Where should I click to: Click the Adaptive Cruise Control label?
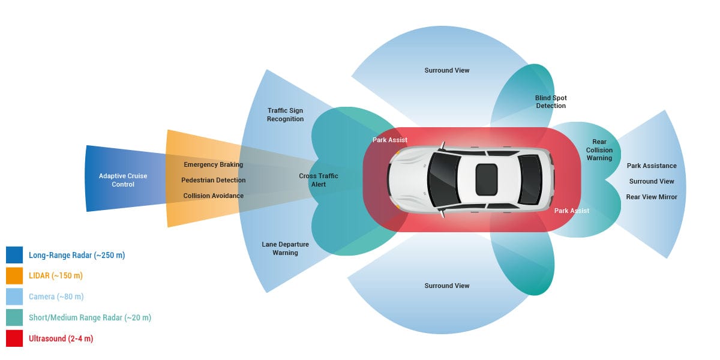tap(123, 180)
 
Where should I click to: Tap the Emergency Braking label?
tap(213, 164)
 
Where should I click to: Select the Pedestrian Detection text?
tap(213, 180)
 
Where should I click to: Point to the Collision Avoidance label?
tap(213, 196)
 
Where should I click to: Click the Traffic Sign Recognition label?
tap(285, 115)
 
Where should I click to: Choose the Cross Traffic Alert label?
tap(319, 180)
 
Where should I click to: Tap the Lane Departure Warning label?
tap(285, 248)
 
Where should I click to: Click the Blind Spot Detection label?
tap(551, 102)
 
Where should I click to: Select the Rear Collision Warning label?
tap(599, 150)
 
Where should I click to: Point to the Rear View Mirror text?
tap(652, 197)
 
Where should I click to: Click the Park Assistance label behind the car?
tap(652, 166)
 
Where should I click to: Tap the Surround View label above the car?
tap(447, 70)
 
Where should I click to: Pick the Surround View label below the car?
tap(447, 286)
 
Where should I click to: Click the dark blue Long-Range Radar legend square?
tap(14, 255)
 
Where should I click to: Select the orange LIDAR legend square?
tap(14, 276)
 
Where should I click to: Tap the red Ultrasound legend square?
tap(14, 338)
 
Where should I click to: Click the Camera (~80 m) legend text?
tap(56, 296)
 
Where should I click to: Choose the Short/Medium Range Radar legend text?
tap(90, 317)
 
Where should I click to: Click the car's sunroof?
tap(486, 179)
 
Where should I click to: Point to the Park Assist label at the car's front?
tap(390, 140)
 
